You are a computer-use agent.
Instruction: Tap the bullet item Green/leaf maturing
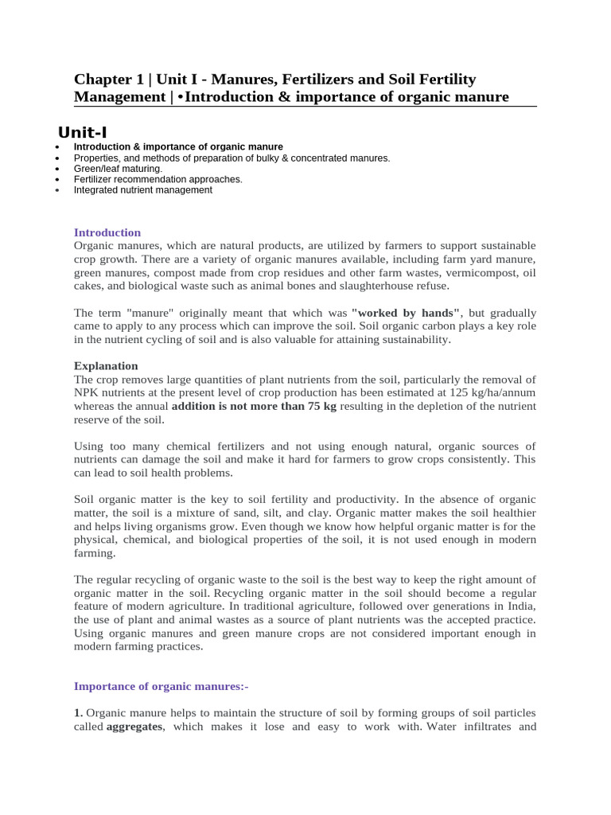(x=118, y=169)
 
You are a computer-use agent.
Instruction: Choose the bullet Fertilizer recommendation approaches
(x=158, y=179)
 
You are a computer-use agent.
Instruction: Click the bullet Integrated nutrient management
(x=142, y=190)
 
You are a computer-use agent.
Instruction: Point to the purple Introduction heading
(x=107, y=232)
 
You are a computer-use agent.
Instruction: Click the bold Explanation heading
(x=106, y=365)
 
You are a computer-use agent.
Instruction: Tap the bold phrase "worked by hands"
(x=406, y=313)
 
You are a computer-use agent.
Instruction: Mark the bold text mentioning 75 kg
(x=254, y=406)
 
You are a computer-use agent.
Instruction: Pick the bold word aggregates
(x=134, y=727)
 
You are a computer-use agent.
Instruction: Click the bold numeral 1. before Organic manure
(x=79, y=713)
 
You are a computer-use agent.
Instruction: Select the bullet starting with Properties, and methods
(x=232, y=158)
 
